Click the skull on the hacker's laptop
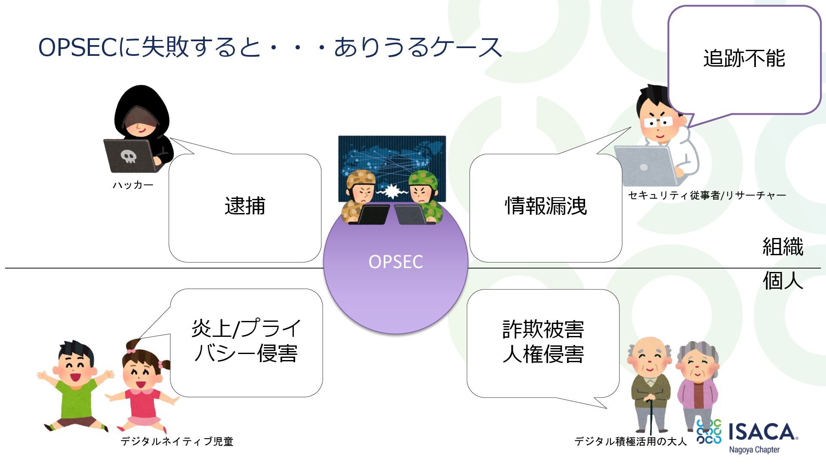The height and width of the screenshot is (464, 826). click(128, 156)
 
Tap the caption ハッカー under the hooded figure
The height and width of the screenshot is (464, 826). click(133, 185)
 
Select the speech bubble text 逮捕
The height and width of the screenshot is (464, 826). click(245, 206)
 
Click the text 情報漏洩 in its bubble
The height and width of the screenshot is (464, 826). click(546, 206)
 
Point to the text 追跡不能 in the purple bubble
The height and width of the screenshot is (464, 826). click(744, 58)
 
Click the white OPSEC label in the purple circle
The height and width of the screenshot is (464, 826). click(396, 262)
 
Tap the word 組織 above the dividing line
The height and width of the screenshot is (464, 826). click(783, 247)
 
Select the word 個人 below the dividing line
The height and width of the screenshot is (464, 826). click(783, 281)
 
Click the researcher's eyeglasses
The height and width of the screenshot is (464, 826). click(658, 123)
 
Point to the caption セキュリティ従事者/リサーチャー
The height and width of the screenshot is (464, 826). click(707, 195)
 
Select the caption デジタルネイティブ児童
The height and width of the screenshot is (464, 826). click(177, 441)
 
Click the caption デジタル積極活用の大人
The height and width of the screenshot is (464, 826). click(630, 441)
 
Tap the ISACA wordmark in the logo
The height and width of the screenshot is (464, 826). click(761, 432)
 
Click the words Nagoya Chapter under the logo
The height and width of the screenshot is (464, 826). click(754, 450)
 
